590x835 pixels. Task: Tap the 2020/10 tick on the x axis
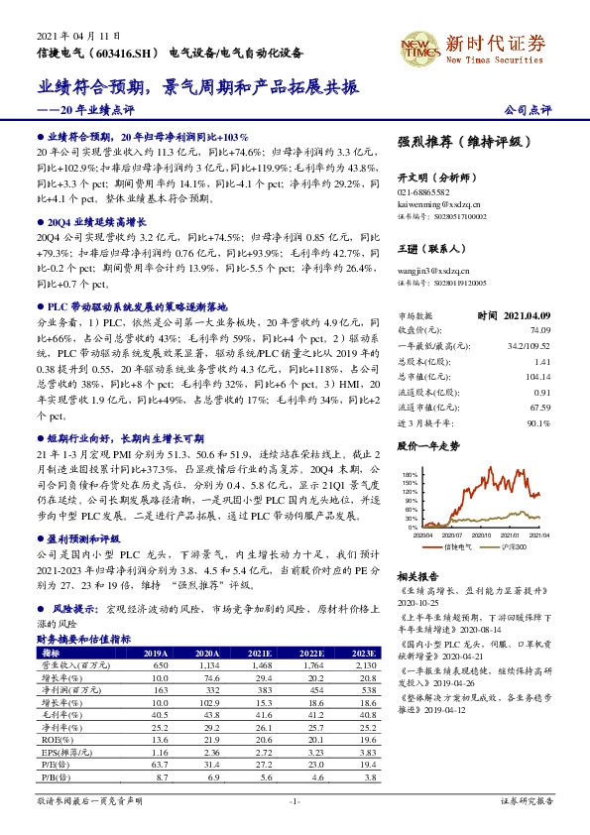coord(473,536)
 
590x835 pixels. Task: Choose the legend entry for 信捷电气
coord(455,547)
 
